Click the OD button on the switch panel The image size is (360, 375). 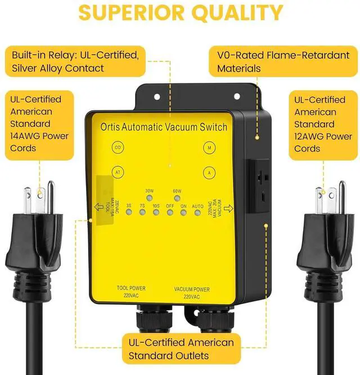pyautogui.click(x=118, y=148)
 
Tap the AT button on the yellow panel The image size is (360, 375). pyautogui.click(x=118, y=173)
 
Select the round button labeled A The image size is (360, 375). pyautogui.click(x=209, y=173)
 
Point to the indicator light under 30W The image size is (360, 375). pyautogui.click(x=149, y=198)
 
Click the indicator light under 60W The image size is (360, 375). pyautogui.click(x=177, y=198)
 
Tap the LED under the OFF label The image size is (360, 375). pyautogui.click(x=170, y=213)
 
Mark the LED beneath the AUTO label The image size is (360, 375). pyautogui.click(x=197, y=213)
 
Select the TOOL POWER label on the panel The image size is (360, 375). pyautogui.click(x=131, y=289)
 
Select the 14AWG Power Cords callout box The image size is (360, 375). pyautogui.click(x=39, y=123)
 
